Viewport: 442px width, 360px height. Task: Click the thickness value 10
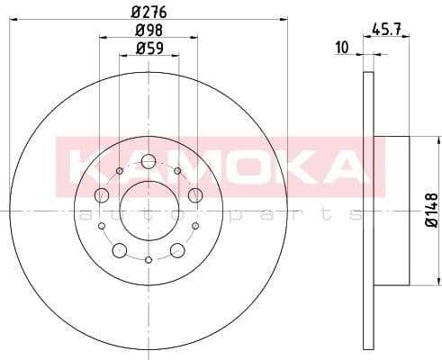pos(340,48)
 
